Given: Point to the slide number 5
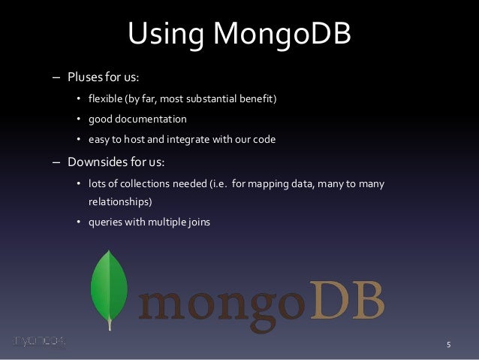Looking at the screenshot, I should (x=448, y=346).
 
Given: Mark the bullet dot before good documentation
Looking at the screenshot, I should (x=79, y=119).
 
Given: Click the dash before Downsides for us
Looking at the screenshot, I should (x=55, y=162).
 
